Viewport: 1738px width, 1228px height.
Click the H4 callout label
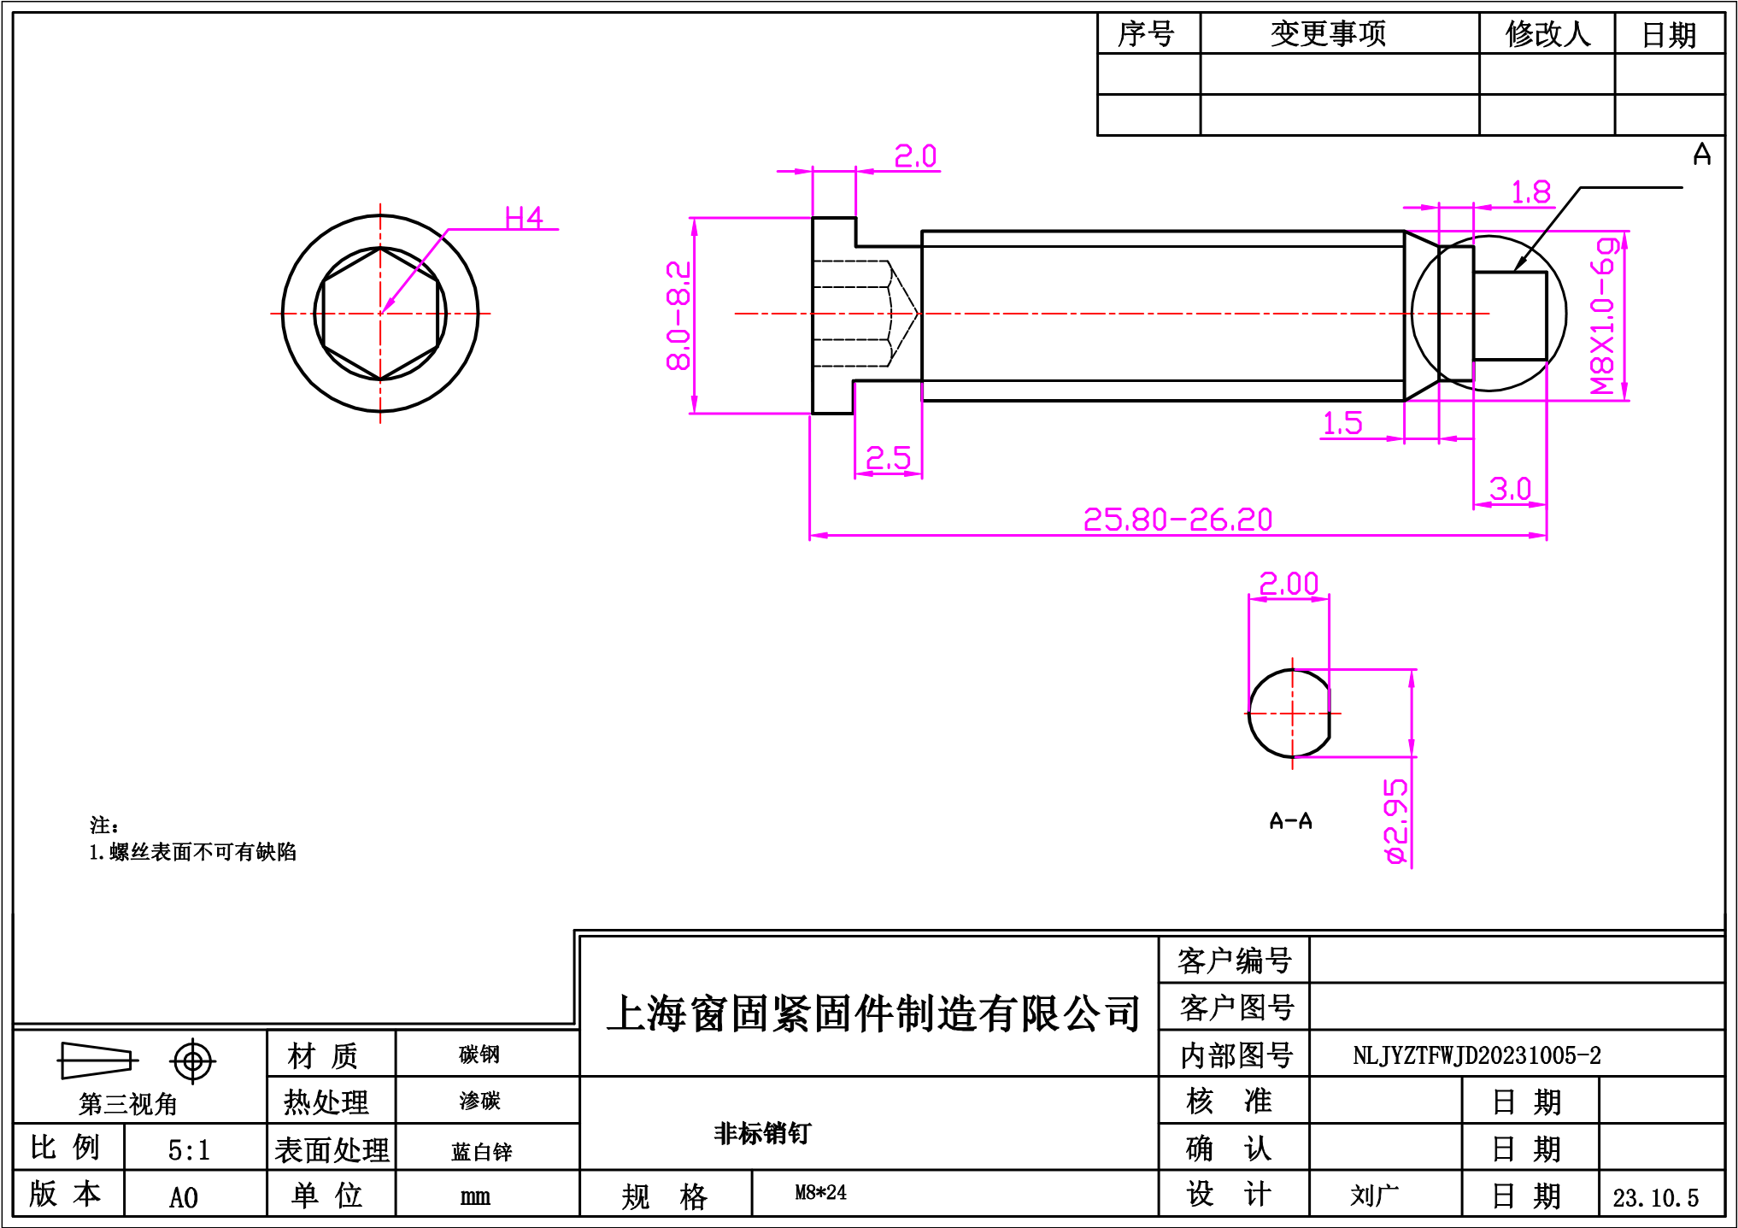pos(523,219)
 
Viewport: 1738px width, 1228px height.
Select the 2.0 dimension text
pos(915,156)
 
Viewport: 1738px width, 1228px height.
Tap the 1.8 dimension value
pos(1531,192)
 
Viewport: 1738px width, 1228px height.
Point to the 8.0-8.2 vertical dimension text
pos(679,315)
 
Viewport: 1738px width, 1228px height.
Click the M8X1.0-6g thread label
pos(1604,316)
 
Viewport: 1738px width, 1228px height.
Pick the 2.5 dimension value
pos(888,459)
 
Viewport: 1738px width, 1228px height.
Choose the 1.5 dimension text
pos(1342,423)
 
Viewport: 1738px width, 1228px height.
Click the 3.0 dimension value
pos(1510,490)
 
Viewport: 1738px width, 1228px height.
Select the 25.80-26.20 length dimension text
pos(1177,520)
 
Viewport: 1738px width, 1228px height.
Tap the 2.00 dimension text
pos(1289,584)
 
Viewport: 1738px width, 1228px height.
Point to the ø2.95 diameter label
pos(1396,821)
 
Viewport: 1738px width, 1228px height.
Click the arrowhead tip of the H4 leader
pos(382,313)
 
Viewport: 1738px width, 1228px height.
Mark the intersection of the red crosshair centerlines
pos(380,314)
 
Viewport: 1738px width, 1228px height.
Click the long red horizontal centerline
pos(1111,314)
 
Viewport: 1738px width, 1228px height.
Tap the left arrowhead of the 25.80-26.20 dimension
pos(814,536)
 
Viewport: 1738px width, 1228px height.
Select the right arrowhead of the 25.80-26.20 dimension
pos(1542,536)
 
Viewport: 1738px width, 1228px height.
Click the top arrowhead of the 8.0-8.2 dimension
pos(695,222)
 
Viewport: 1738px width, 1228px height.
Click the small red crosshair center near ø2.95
pos(1292,713)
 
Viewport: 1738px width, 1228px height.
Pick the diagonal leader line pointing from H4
pos(415,271)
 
